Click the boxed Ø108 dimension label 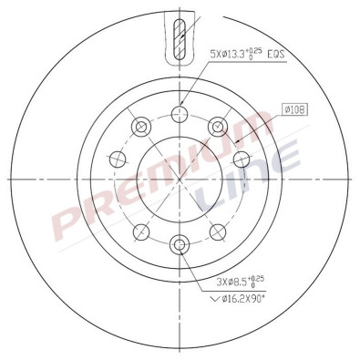tap(293, 110)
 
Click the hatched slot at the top tap(180, 38)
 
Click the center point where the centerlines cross tap(180, 179)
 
